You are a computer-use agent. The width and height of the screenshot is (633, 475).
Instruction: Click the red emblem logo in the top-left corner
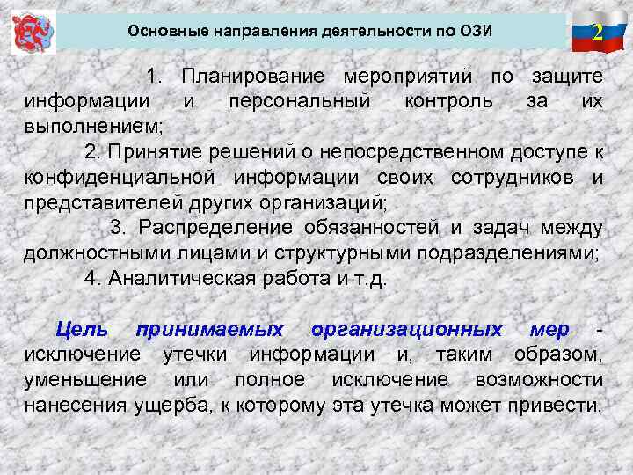(x=33, y=33)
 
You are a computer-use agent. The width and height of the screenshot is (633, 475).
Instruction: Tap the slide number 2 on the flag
(x=597, y=33)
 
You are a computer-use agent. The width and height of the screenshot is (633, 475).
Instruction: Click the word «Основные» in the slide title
(x=161, y=32)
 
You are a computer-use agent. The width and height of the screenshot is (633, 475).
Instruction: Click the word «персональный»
(x=299, y=100)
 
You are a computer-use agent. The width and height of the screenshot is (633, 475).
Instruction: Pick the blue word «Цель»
(x=82, y=330)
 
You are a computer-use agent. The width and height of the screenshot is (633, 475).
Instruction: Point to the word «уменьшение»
(x=86, y=380)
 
